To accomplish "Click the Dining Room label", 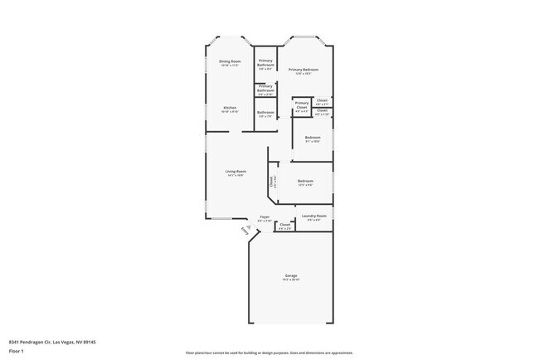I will (x=230, y=61).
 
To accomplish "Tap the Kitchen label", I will (x=230, y=108).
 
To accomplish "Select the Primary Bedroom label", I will (x=303, y=70).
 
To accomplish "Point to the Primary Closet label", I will (x=302, y=105).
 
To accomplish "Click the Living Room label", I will (x=236, y=172).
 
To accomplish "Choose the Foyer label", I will (x=265, y=216).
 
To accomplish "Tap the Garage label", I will (x=291, y=275).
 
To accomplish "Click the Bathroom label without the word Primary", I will (x=265, y=113).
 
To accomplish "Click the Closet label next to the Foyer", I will (x=284, y=225).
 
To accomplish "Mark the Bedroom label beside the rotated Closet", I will (x=305, y=181).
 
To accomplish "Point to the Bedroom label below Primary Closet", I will (x=313, y=137).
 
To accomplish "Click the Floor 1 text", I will (x=16, y=351).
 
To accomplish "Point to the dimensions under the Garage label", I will (x=291, y=280).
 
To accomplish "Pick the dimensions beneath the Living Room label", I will (x=236, y=176).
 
